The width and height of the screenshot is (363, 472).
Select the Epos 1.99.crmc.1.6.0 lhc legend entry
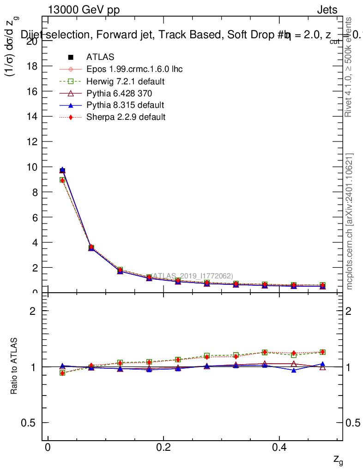click(134, 69)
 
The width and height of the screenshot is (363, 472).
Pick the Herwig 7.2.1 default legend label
click(126, 82)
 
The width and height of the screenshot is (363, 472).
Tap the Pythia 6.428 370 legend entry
click(119, 93)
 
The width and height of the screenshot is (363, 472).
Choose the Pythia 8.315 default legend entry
click(125, 105)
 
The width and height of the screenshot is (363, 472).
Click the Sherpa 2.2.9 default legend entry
click(126, 117)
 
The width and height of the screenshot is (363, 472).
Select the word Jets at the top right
click(327, 10)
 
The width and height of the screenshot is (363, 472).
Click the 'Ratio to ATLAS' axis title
click(14, 366)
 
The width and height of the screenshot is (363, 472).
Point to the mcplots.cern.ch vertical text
click(350, 221)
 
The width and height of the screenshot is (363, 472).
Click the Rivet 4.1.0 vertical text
click(349, 67)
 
